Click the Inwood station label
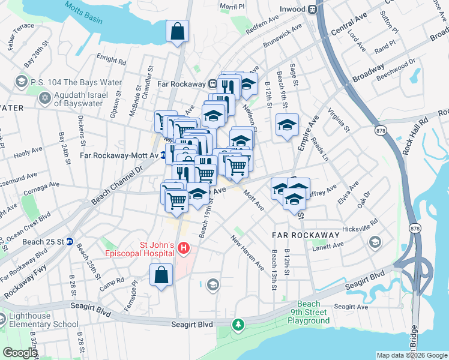(x=293, y=10)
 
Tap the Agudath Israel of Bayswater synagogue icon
(x=44, y=98)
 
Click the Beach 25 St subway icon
(x=70, y=242)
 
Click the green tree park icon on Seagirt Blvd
(x=239, y=325)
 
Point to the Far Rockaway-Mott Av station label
(x=119, y=155)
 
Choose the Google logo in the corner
(x=20, y=353)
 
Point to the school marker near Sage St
(x=287, y=125)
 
